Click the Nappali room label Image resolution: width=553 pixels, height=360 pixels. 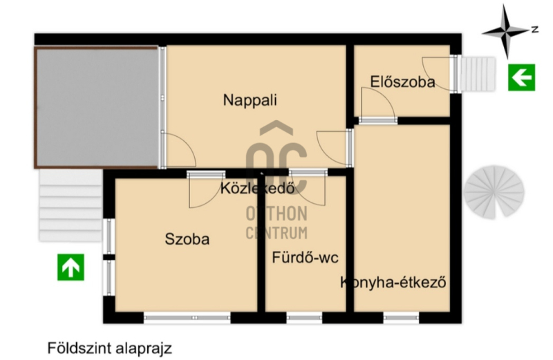point(250,100)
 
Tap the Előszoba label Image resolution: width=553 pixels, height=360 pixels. point(402,82)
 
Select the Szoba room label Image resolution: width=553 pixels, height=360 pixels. point(187,239)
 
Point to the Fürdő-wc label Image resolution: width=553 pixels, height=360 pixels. point(305,258)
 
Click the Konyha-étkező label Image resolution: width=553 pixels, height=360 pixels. point(393,283)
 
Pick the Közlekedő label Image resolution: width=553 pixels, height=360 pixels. point(257,188)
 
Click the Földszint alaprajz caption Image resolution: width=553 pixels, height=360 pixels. point(110,348)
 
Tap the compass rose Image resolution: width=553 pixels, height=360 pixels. point(505,32)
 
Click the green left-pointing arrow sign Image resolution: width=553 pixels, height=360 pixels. point(521,77)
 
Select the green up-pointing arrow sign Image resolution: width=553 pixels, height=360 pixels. point(71,267)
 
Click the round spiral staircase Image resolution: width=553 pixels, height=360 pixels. point(494,192)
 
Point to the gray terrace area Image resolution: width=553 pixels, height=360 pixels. point(96,107)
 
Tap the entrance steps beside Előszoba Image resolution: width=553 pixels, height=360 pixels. point(478,75)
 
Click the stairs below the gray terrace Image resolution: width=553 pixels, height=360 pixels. point(71,205)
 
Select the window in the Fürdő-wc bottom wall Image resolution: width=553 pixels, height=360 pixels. point(304,318)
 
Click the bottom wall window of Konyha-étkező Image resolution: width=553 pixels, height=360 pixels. point(401,318)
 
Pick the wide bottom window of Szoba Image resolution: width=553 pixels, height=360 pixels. point(187,318)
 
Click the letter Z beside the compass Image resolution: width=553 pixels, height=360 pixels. point(535,29)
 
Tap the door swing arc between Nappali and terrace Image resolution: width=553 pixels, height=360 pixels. point(187,144)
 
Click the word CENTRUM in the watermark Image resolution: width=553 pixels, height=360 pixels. point(276,233)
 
